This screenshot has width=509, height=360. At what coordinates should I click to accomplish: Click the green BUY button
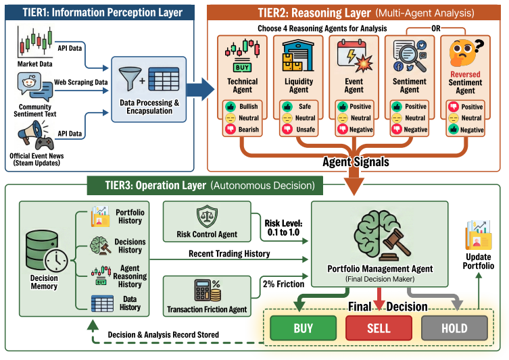[304, 328]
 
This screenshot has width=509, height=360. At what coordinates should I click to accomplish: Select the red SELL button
[379, 328]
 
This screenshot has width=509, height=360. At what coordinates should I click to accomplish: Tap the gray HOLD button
[454, 328]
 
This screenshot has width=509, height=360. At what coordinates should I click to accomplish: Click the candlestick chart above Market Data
[35, 41]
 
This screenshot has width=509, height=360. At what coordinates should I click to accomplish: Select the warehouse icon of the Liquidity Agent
[298, 55]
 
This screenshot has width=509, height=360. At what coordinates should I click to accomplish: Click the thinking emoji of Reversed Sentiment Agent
[464, 53]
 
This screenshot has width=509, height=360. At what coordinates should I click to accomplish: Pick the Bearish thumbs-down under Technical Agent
[231, 130]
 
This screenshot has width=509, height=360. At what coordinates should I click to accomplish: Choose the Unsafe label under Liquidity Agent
[306, 130]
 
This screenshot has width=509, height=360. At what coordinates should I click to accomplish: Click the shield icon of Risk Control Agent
[207, 216]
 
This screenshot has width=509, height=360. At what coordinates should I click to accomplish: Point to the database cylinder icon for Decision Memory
[41, 250]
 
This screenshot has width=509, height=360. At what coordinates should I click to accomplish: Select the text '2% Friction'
[283, 284]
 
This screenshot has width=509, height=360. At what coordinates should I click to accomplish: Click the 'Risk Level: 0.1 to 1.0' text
[283, 228]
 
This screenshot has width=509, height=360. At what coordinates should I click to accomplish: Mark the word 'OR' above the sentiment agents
[436, 28]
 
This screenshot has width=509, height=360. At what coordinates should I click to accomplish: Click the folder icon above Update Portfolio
[479, 235]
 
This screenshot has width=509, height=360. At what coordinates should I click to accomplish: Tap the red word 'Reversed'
[465, 74]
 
